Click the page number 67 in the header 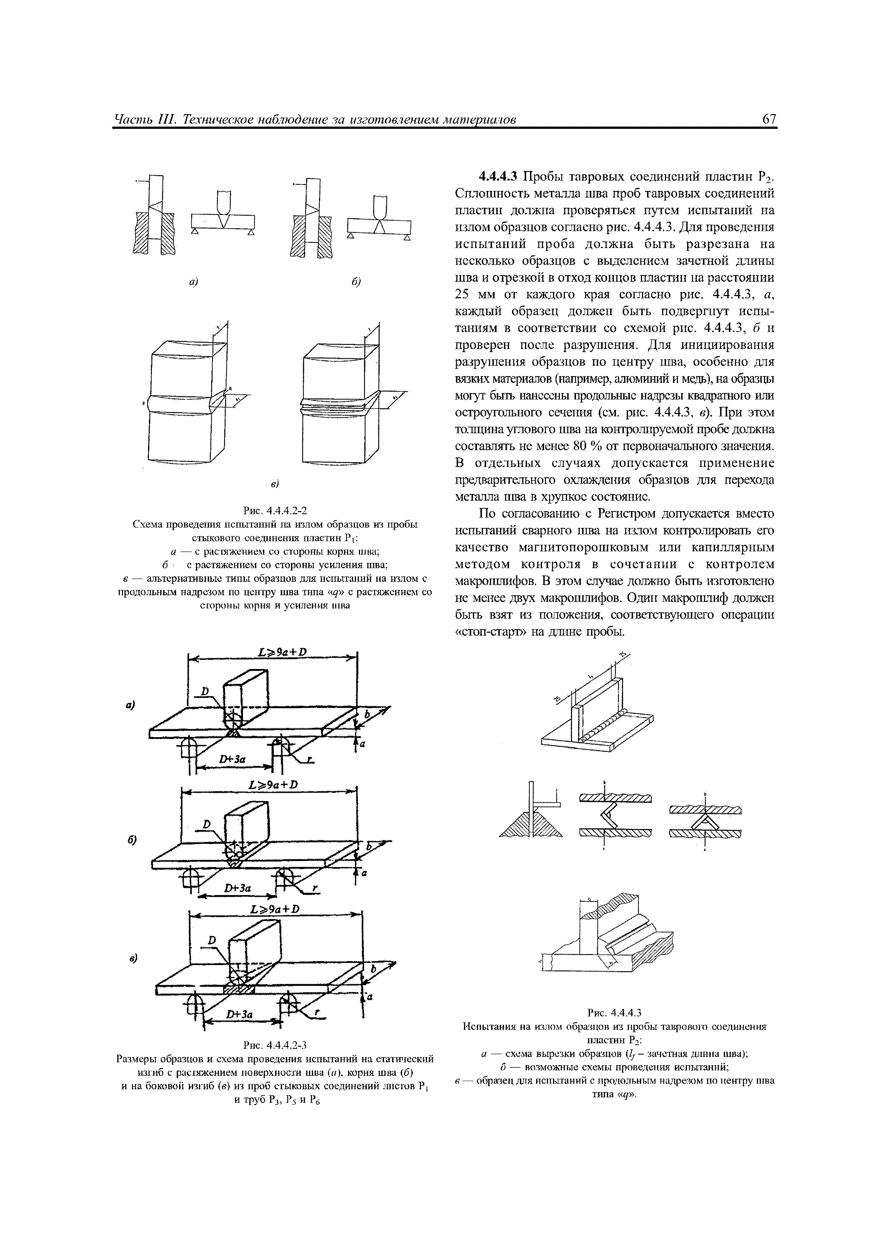pos(769,120)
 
